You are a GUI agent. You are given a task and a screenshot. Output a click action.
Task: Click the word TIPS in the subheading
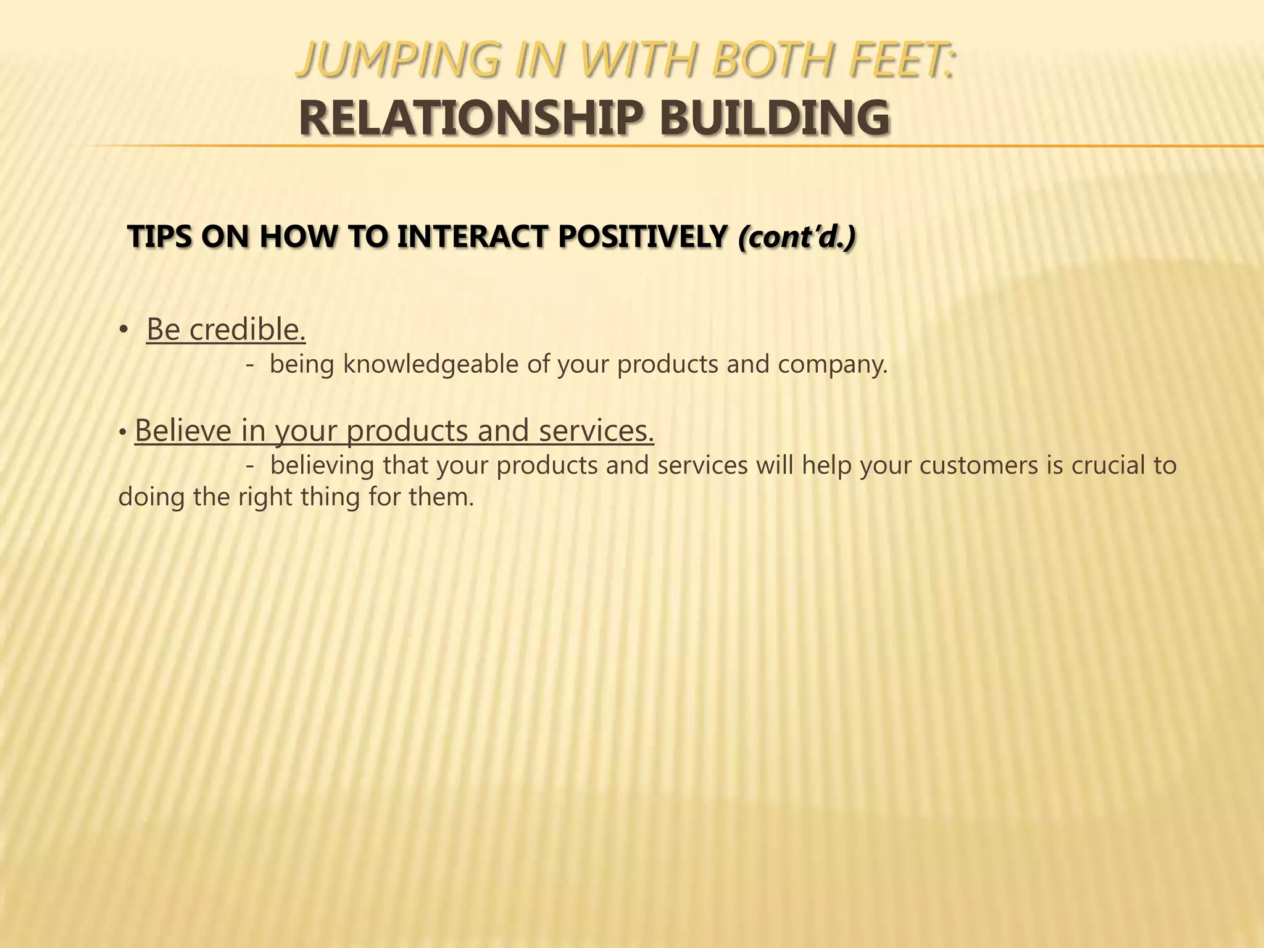click(x=159, y=237)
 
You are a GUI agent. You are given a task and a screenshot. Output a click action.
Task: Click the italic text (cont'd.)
click(x=797, y=237)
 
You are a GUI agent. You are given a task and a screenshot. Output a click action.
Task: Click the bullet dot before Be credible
click(x=123, y=331)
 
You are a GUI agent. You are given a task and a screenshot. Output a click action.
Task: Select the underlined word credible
click(x=247, y=330)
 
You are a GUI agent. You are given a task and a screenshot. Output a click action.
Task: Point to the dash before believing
click(x=249, y=466)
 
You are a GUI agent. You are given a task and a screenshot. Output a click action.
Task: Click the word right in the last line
click(x=265, y=497)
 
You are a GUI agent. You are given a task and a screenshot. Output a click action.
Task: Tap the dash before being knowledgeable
click(x=249, y=365)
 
